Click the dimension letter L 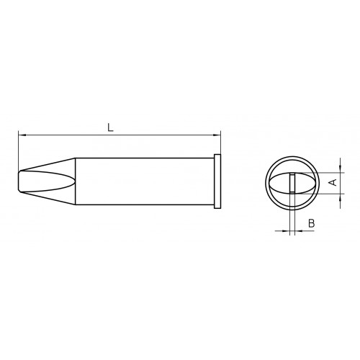point(110,127)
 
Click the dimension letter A point(333,182)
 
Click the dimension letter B point(311,223)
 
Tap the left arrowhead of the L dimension point(22,135)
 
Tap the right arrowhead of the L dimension point(217,135)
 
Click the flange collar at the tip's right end point(217,181)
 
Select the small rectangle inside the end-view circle point(292,183)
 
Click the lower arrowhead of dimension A point(341,197)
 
